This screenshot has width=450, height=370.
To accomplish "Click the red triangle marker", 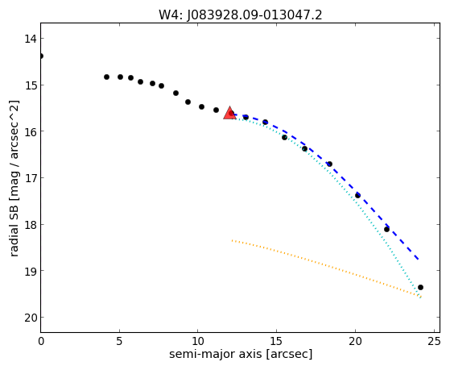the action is click(x=229, y=114).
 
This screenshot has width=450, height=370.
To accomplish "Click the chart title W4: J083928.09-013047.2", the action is click(x=241, y=15).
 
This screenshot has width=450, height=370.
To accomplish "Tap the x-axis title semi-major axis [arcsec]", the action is click(x=241, y=354).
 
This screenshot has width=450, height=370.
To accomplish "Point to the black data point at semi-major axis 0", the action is click(x=41, y=56).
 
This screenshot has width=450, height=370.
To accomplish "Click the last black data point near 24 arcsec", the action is click(x=420, y=287).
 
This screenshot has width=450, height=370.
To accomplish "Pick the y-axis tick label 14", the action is click(x=30, y=39).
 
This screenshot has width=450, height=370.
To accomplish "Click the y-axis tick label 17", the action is click(x=30, y=178).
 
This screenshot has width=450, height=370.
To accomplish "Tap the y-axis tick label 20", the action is click(x=30, y=318).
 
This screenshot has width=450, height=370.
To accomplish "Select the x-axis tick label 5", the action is click(x=119, y=341).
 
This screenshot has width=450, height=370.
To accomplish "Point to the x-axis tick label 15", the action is click(x=276, y=341).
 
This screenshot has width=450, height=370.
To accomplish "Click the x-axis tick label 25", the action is click(x=433, y=341).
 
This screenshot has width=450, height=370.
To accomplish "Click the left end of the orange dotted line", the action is click(x=232, y=240).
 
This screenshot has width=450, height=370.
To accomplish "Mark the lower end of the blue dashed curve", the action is click(x=419, y=260).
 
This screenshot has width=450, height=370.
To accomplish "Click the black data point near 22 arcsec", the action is click(x=386, y=229).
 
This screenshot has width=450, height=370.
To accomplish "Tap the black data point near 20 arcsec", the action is click(x=357, y=196).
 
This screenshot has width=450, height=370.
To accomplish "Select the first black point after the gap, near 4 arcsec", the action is click(x=106, y=77).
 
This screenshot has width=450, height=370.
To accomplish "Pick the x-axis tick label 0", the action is click(x=41, y=341).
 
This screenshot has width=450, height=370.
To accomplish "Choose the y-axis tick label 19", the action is click(x=30, y=272).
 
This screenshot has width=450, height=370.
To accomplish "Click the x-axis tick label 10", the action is click(x=198, y=341).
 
